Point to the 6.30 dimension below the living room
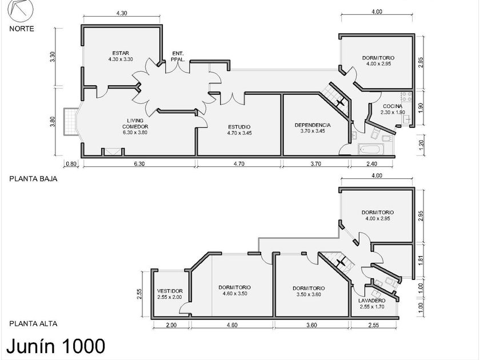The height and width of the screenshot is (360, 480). (139, 164)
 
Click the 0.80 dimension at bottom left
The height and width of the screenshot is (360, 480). (71, 164)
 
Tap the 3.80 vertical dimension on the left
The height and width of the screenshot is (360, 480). (53, 122)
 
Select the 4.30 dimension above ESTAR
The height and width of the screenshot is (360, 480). (121, 13)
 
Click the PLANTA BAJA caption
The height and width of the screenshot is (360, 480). (33, 178)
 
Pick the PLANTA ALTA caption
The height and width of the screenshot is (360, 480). (33, 323)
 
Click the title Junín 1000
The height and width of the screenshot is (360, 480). (55, 346)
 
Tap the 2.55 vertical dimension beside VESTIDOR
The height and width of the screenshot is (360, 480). (140, 293)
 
